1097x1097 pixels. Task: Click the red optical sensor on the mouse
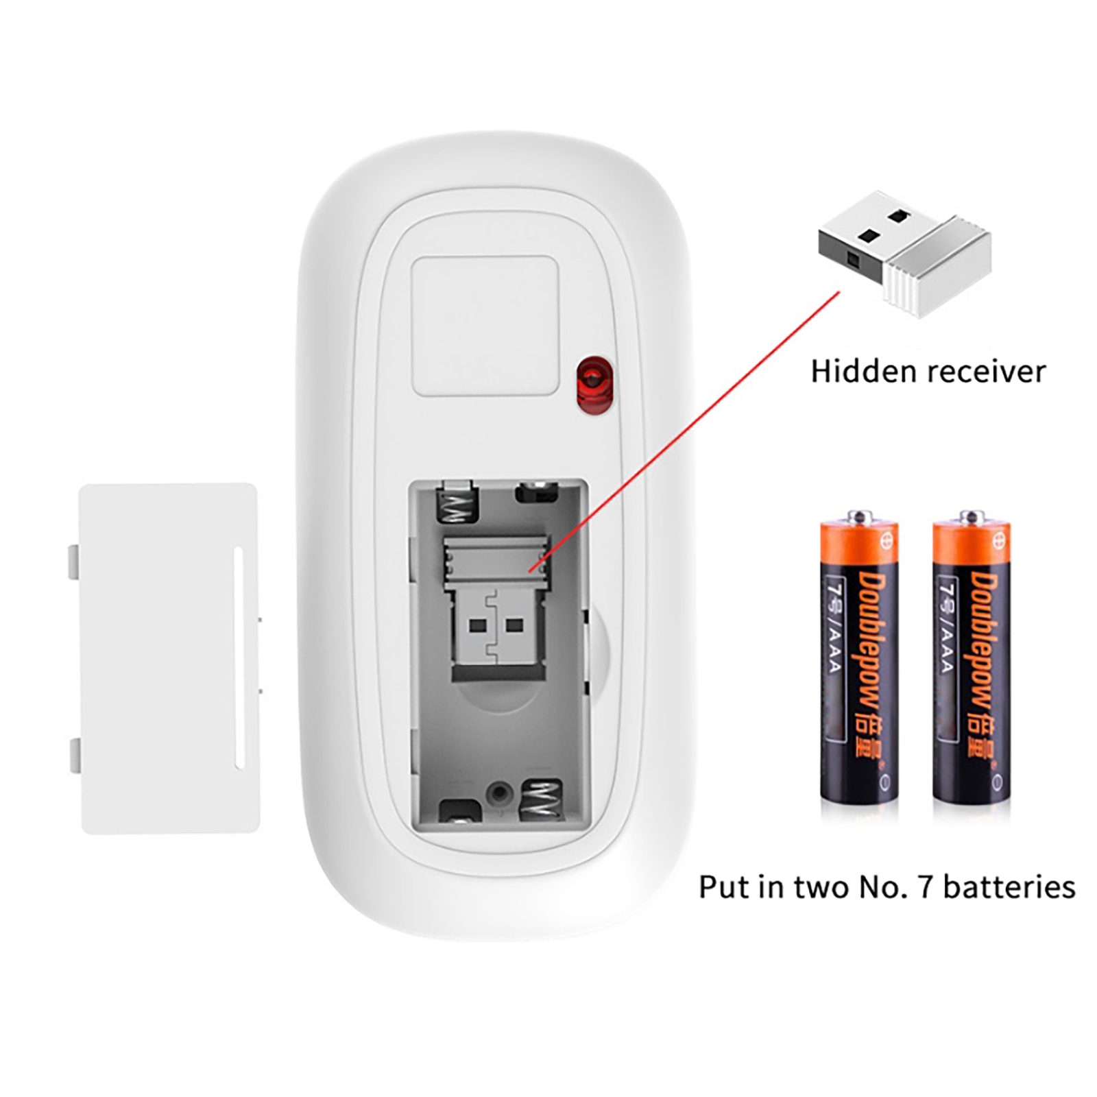point(594,385)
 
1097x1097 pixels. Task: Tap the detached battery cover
point(169,658)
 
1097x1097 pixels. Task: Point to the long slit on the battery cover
point(239,657)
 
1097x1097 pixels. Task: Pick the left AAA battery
point(859,658)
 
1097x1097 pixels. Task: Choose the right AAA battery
point(971,658)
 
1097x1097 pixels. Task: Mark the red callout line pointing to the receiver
point(684,432)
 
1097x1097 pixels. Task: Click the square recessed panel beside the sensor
point(485,326)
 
